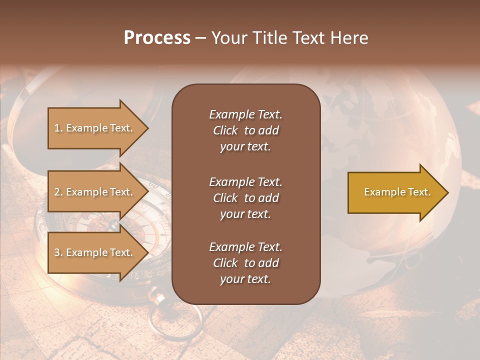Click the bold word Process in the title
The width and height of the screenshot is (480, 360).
click(157, 38)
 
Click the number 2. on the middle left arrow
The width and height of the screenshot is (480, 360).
click(58, 192)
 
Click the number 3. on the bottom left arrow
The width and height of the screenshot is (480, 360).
click(58, 252)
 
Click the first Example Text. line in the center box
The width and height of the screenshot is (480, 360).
click(245, 114)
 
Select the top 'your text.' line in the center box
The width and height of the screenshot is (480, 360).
click(245, 147)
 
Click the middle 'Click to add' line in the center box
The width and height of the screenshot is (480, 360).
click(245, 198)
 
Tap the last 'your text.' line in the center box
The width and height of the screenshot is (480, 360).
click(245, 279)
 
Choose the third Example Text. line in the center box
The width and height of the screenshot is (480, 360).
click(245, 247)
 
